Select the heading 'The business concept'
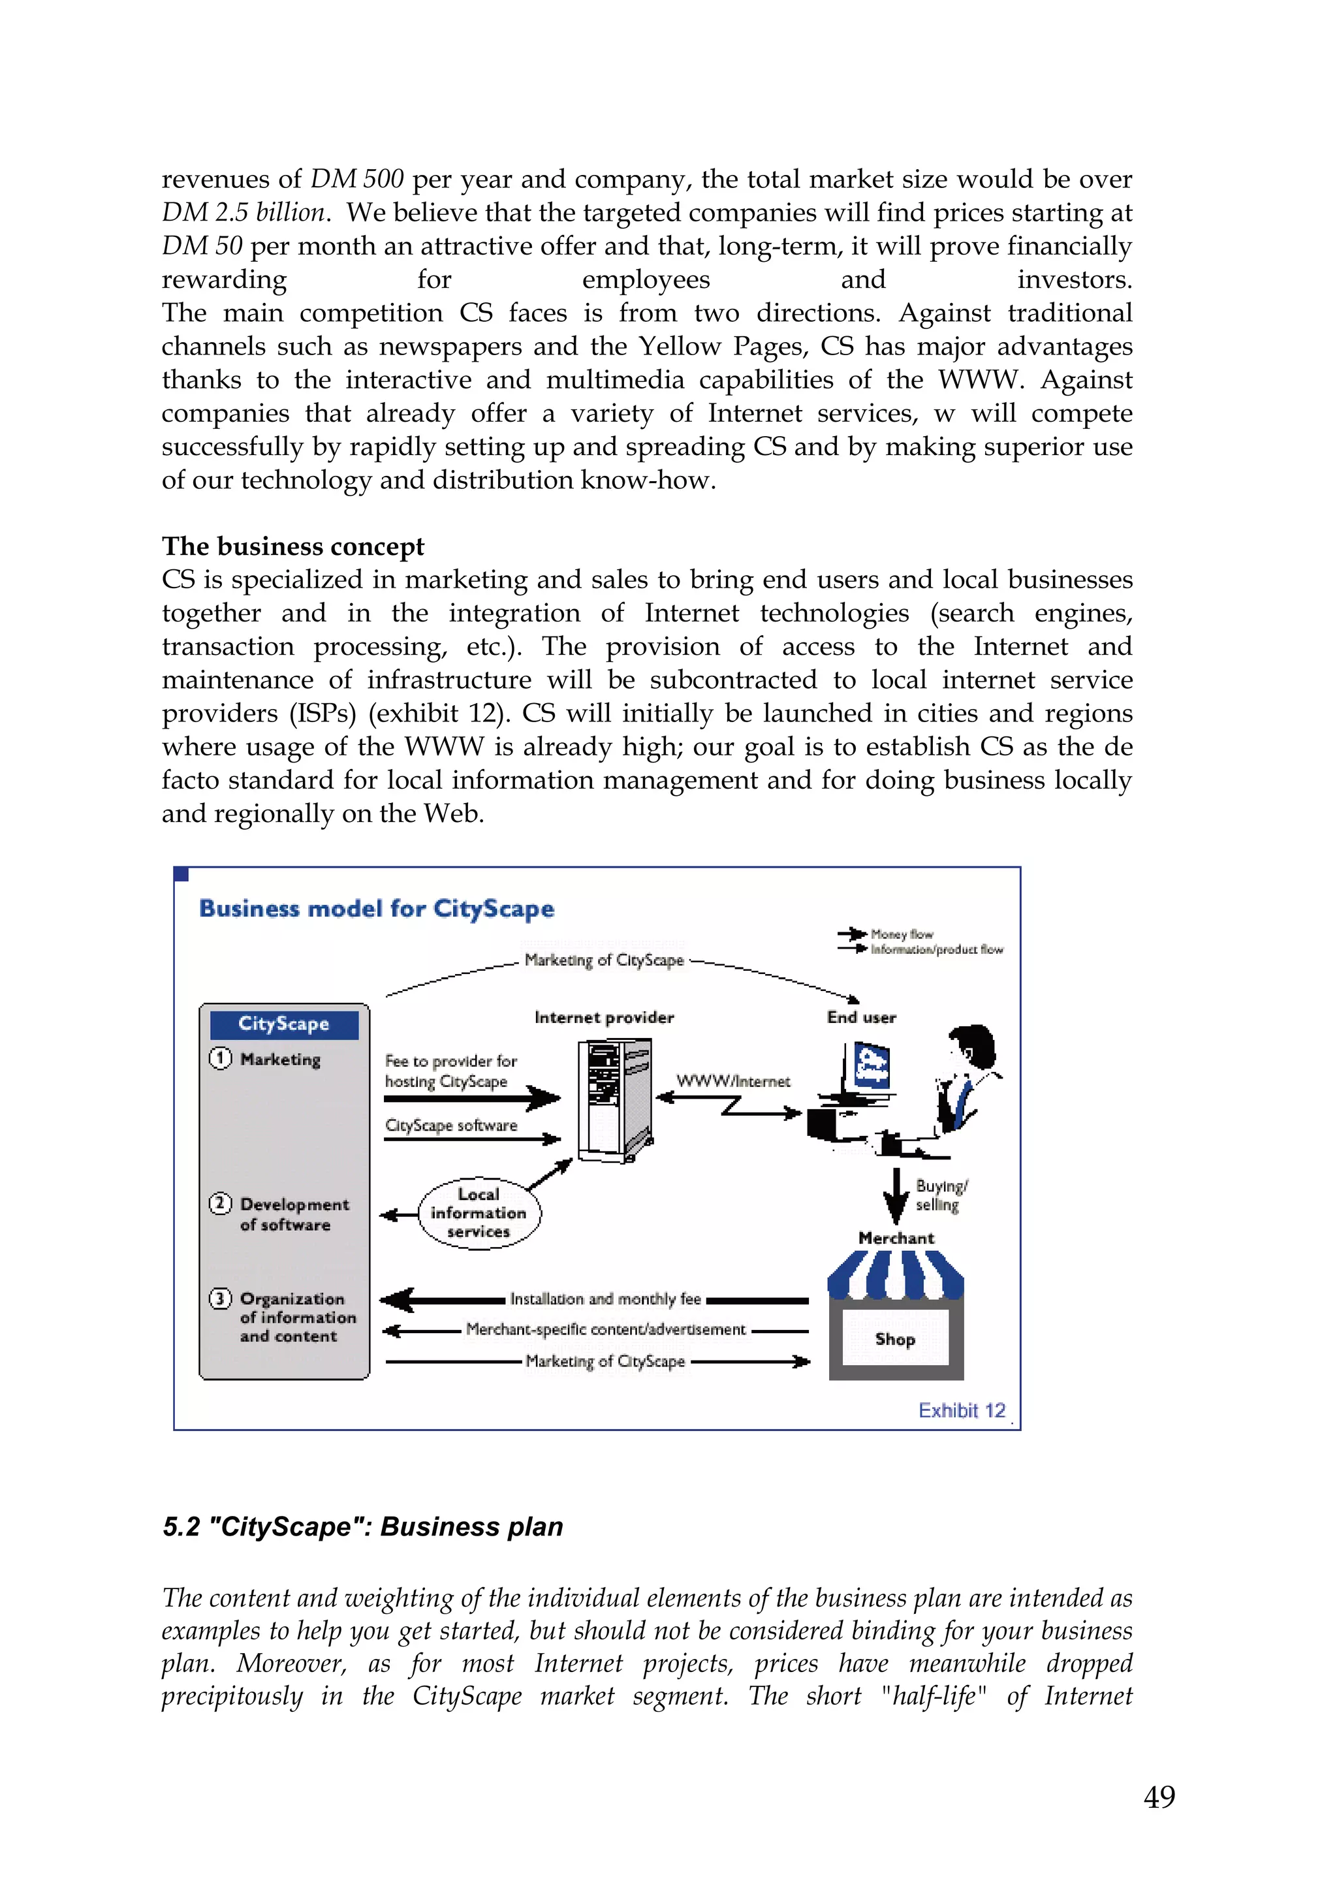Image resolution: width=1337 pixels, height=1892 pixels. [292, 546]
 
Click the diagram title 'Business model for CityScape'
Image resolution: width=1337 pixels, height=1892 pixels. [377, 909]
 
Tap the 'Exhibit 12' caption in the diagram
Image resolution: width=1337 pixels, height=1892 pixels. [962, 1411]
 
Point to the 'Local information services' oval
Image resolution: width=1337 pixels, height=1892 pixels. [479, 1213]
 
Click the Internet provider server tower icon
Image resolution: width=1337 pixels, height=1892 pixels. [614, 1100]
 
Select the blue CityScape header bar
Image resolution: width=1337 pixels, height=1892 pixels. [284, 1024]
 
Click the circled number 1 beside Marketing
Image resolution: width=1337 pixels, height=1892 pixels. [220, 1058]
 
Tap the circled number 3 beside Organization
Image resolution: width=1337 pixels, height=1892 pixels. [220, 1299]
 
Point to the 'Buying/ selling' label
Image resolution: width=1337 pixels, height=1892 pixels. [941, 1195]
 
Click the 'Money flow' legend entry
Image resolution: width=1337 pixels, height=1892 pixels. [901, 934]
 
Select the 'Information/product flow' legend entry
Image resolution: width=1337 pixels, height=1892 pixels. [937, 949]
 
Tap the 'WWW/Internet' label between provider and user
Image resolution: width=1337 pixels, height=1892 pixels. [733, 1081]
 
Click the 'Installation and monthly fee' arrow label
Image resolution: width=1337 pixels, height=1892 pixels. [605, 1299]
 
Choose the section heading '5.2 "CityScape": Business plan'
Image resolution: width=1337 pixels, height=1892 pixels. [362, 1527]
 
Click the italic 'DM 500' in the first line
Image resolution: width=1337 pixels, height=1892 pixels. [356, 179]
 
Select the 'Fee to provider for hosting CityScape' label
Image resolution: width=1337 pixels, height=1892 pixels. [450, 1071]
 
